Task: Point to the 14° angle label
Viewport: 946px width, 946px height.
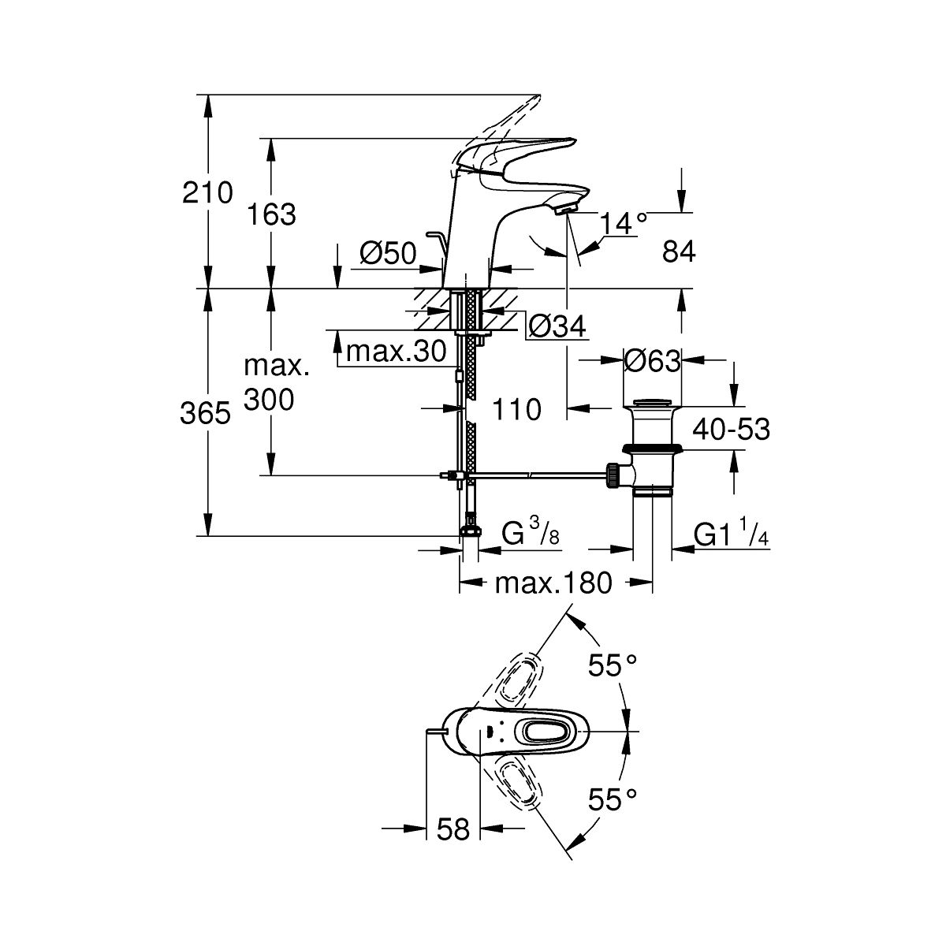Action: coord(624,225)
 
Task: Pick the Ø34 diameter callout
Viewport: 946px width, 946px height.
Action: coord(557,326)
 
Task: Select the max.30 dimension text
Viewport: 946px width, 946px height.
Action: coord(397,351)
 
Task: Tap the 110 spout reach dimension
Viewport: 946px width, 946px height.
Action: coord(516,409)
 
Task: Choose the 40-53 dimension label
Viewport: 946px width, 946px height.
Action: coord(731,430)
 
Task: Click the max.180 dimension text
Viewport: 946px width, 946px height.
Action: coord(553,583)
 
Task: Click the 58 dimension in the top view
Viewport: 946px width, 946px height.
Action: coord(453,829)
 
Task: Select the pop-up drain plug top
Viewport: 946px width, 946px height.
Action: coord(652,404)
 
